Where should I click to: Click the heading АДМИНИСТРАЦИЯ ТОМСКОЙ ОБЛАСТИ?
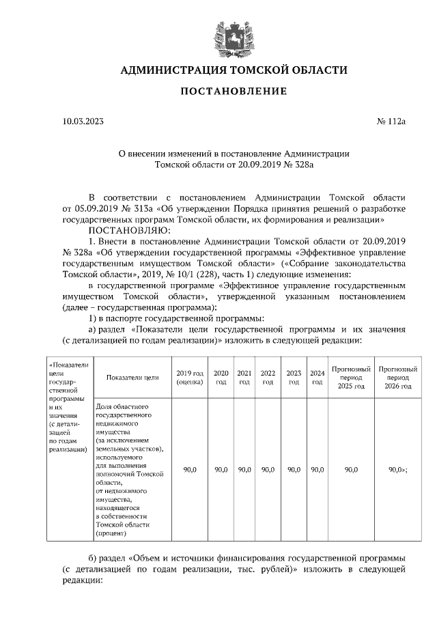234,70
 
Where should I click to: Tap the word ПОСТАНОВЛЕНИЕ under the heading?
234,92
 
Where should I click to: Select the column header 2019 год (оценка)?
189,378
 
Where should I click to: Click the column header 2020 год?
221,378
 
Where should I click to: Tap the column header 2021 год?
244,378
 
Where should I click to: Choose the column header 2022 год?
268,378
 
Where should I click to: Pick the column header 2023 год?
294,378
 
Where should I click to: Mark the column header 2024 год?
317,378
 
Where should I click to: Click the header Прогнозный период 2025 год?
351,378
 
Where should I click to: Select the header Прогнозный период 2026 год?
397,378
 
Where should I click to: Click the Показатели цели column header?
132,378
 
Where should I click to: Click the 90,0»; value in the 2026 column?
397,470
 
